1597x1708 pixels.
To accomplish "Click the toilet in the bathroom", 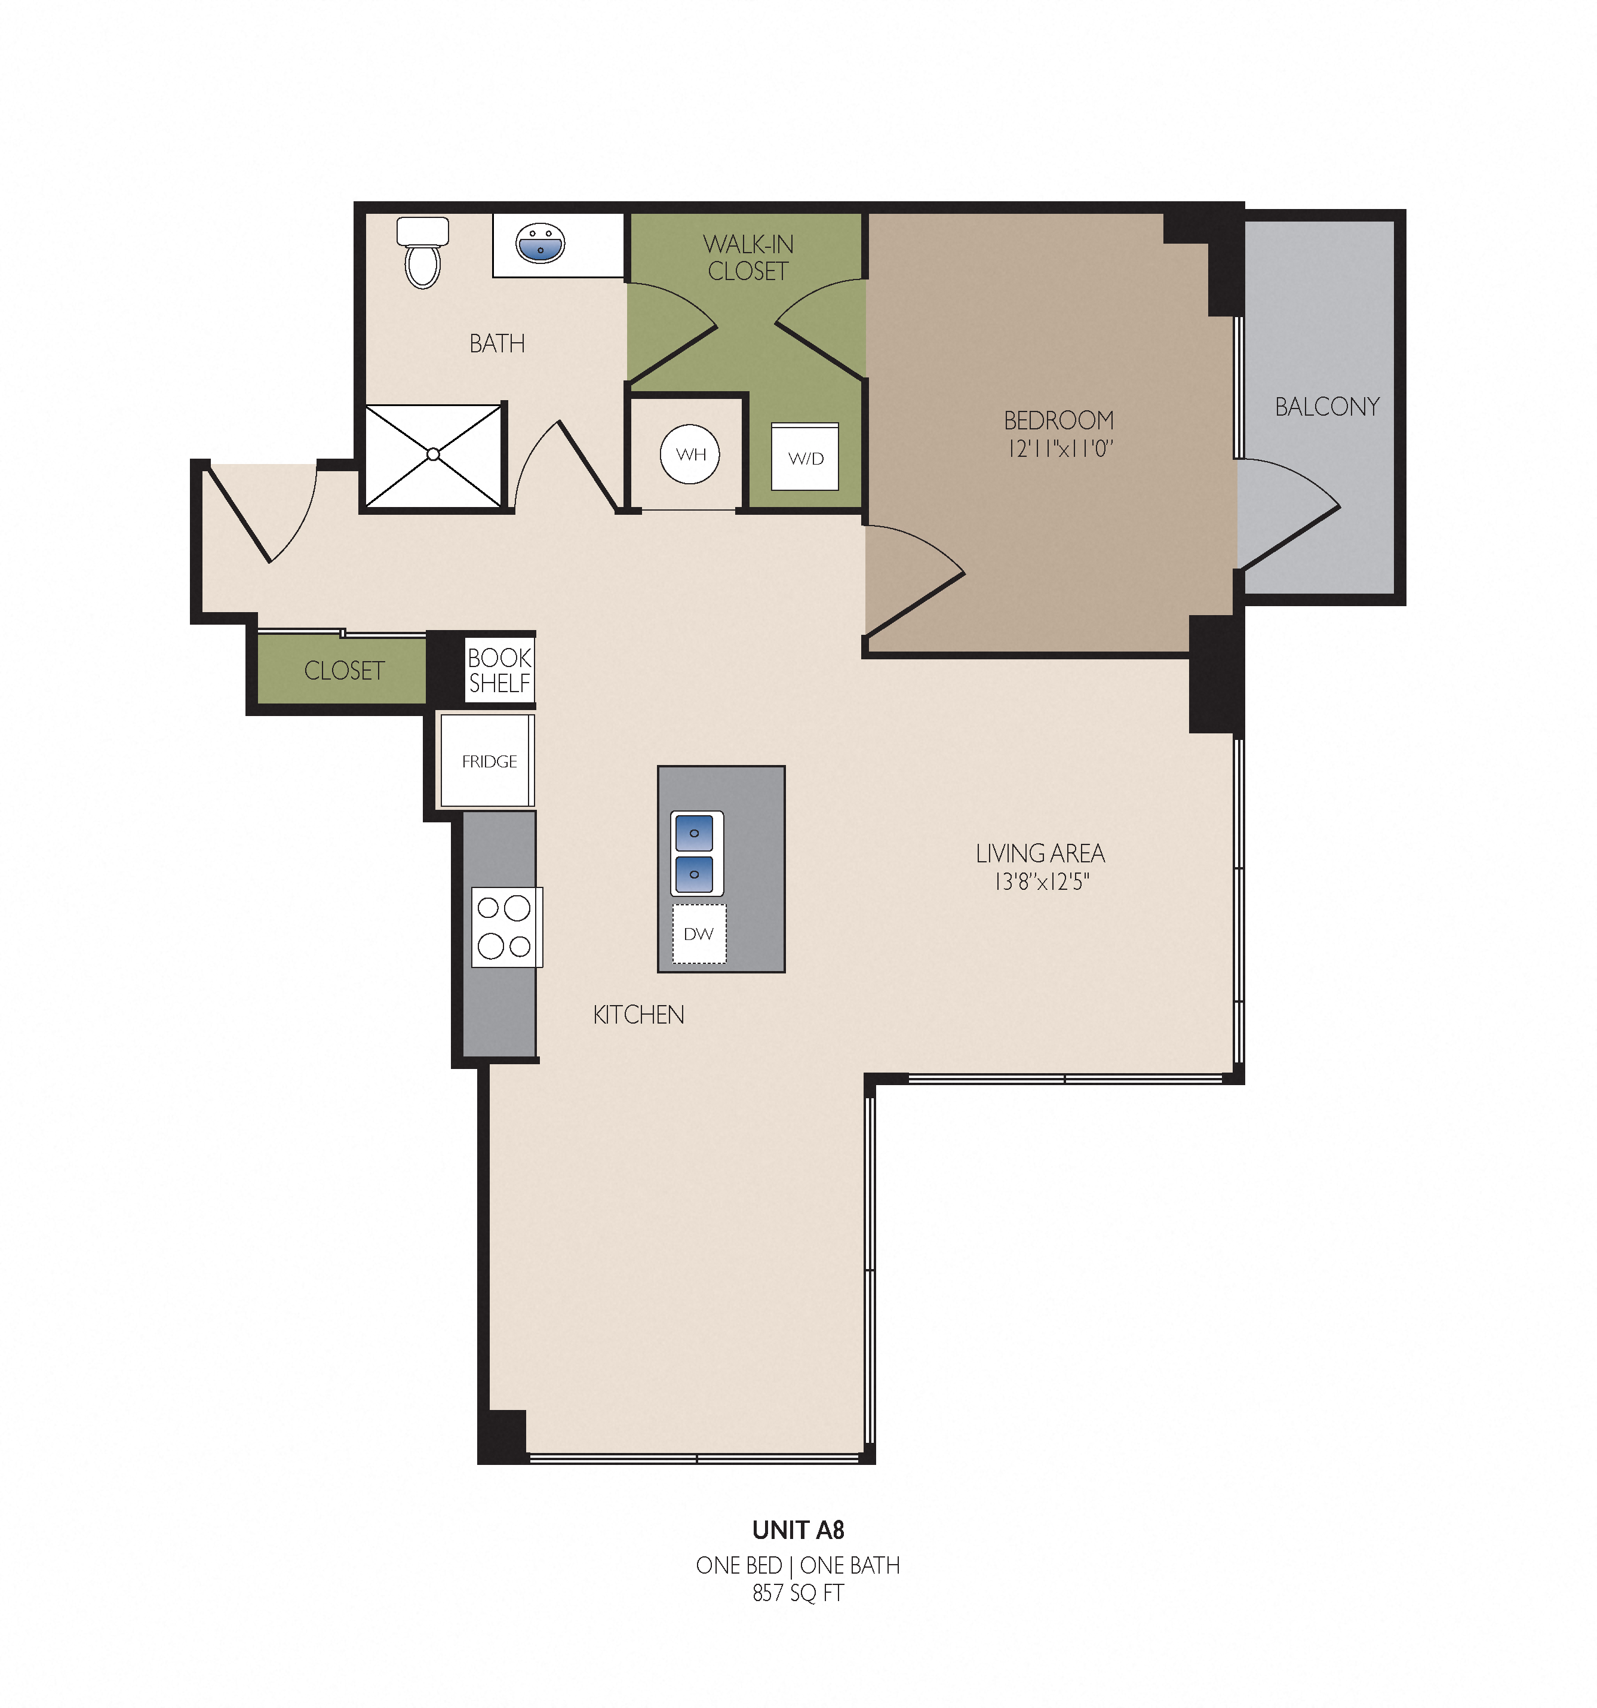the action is pos(423,252).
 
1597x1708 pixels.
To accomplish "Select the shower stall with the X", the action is pos(433,455).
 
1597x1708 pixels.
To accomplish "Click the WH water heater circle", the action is pos(690,454).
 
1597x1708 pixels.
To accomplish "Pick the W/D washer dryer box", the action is pos(805,456).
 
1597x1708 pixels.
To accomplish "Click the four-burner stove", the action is pos(507,927).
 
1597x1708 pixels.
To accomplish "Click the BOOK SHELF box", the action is pos(500,670).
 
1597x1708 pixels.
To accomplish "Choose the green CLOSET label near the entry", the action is pos(345,670).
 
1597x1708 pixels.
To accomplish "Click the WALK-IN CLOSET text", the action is pos(748,258).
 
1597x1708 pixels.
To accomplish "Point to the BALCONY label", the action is pos(1327,406).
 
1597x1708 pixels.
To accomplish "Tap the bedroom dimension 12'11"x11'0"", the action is pos(1060,448).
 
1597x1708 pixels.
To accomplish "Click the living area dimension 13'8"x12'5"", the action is pos(1041,881).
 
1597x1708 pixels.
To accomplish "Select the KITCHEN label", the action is pos(638,1015).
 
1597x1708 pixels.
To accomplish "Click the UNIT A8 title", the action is pos(798,1530).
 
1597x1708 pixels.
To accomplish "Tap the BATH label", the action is pos(497,343).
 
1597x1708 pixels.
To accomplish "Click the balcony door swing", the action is pos(1289,514).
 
